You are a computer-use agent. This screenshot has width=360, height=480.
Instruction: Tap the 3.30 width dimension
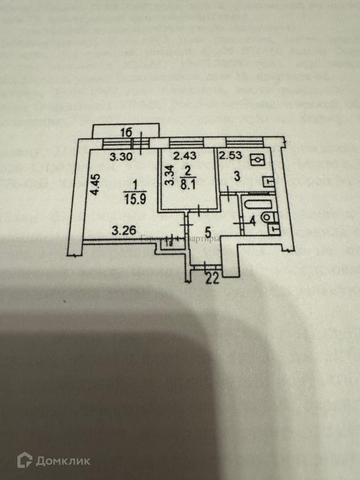click(x=120, y=156)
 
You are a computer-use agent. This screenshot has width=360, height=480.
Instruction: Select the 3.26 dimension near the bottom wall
click(x=122, y=231)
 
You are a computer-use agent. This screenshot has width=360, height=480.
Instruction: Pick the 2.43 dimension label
click(x=184, y=156)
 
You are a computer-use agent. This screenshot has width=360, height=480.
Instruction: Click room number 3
click(x=237, y=176)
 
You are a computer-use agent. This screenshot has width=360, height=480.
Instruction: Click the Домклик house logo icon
click(x=24, y=460)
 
